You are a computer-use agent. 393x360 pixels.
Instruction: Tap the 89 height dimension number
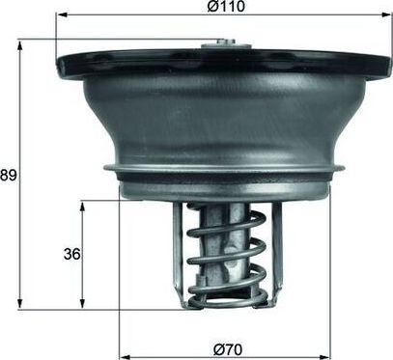click(10, 175)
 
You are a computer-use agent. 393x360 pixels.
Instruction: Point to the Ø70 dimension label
click(226, 348)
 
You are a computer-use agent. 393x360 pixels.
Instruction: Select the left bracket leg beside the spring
click(178, 246)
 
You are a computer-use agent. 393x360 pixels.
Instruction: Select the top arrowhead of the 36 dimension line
click(81, 204)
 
